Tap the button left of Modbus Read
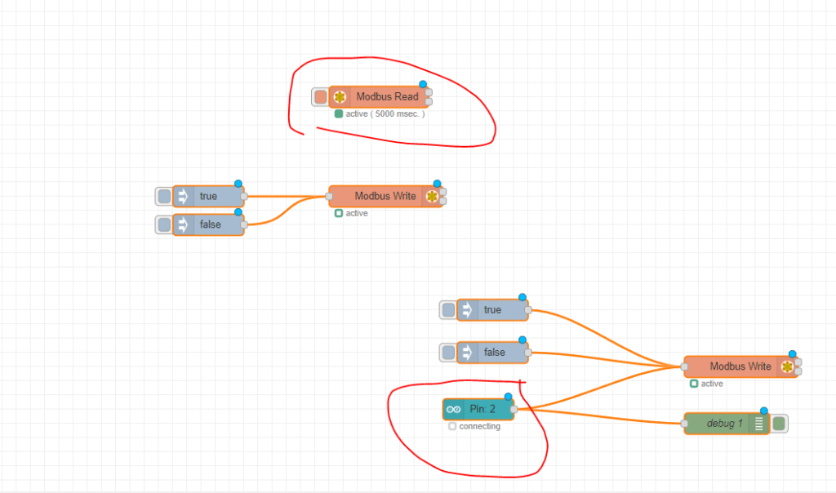click(x=320, y=97)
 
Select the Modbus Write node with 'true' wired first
click(x=385, y=196)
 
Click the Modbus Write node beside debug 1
click(x=740, y=366)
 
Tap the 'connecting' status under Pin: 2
click(x=479, y=426)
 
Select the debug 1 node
click(x=724, y=424)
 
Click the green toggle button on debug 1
click(x=779, y=424)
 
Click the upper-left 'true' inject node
click(x=208, y=196)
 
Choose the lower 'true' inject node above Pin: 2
click(x=492, y=310)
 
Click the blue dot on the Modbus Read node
click(x=423, y=85)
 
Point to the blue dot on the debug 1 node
click(x=764, y=411)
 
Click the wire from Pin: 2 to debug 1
click(x=604, y=416)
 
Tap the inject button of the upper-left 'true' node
click(x=164, y=196)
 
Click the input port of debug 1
click(x=684, y=424)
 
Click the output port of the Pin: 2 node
click(x=514, y=409)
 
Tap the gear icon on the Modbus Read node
click(x=340, y=97)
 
